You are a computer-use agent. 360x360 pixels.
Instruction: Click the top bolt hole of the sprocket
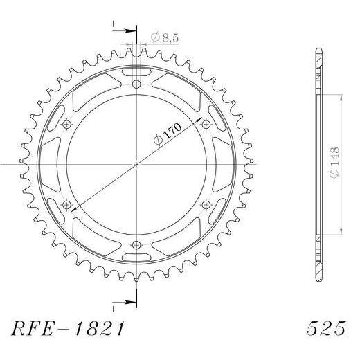pos(136,84)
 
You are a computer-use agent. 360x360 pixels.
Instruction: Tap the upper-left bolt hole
pos(67,125)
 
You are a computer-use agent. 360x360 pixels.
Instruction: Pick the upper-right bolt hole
pos(206,125)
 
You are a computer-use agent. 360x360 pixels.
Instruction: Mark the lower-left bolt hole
pos(67,205)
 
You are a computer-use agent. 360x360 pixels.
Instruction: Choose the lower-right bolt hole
pos(206,205)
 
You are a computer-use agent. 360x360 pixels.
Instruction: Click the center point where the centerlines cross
pos(136,165)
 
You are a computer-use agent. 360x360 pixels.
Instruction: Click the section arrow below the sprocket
pos(125,301)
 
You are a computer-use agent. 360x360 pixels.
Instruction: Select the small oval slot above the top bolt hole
pos(136,71)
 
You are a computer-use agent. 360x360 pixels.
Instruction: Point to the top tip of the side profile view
pos(318,49)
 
